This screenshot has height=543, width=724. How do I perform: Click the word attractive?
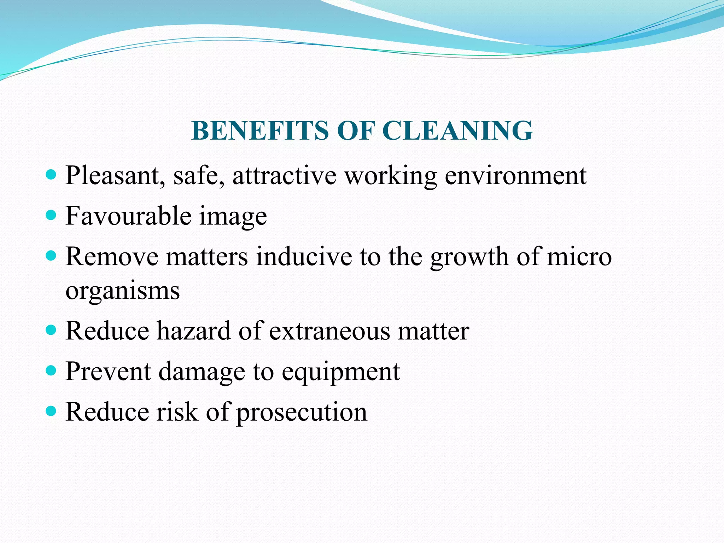pos(284,175)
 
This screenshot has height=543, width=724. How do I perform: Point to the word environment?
pos(515,175)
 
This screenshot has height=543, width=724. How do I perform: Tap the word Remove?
pos(112,257)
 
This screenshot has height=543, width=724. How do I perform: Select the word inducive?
pos(304,257)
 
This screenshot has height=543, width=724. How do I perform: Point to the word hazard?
pos(194,331)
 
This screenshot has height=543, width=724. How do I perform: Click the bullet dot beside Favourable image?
pos(52,215)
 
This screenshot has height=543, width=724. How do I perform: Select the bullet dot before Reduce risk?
pos(52,411)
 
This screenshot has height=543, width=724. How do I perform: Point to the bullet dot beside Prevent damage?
pos(52,370)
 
